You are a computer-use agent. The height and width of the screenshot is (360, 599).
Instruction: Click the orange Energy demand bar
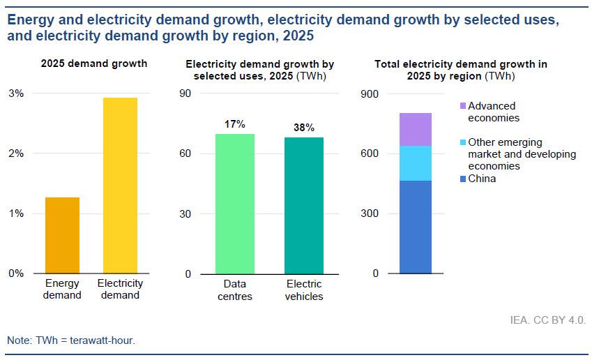click(x=62, y=235)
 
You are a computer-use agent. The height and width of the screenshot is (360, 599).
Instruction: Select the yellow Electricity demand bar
click(x=120, y=185)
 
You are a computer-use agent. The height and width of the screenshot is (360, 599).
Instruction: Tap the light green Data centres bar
click(x=234, y=203)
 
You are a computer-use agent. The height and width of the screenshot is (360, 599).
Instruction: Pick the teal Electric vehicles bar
click(x=303, y=205)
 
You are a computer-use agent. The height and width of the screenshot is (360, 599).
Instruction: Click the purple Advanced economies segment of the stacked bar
click(x=415, y=129)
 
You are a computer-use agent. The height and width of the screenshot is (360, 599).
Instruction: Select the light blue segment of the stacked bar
click(x=415, y=163)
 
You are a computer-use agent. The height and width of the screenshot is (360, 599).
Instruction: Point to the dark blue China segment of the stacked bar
click(x=415, y=227)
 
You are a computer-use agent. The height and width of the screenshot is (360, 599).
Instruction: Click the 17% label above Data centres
click(x=234, y=124)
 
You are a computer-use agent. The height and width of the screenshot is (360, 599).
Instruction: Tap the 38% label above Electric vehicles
click(x=304, y=128)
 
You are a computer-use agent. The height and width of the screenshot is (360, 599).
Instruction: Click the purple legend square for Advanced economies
click(x=463, y=106)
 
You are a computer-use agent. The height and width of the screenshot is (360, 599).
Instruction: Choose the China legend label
click(x=482, y=179)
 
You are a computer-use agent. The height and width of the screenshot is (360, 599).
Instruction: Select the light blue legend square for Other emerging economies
click(x=463, y=142)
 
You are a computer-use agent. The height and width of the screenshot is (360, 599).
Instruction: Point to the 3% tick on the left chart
click(x=15, y=93)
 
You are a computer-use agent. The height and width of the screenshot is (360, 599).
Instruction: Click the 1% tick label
click(x=15, y=213)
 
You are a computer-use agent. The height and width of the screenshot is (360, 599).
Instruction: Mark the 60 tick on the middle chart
click(x=185, y=153)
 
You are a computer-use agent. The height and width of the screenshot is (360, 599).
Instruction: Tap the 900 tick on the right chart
click(x=370, y=93)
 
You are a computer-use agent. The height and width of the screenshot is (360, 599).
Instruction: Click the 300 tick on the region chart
click(x=370, y=213)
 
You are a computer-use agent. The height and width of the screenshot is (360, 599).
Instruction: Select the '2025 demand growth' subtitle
click(x=94, y=63)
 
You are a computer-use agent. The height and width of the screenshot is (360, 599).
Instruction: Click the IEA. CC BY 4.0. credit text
click(x=548, y=320)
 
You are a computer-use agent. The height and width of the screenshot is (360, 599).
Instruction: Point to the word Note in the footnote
click(x=19, y=340)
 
